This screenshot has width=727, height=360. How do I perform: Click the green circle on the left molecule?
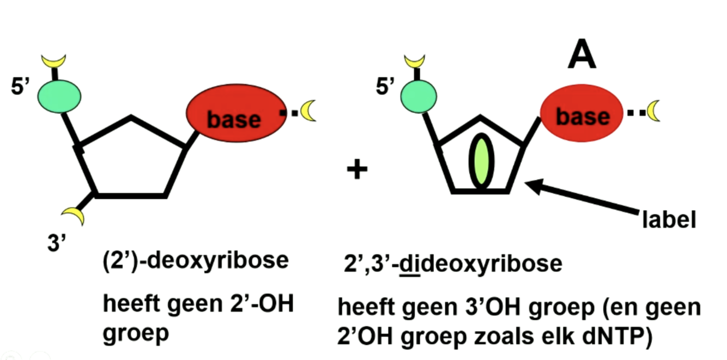point(59,95)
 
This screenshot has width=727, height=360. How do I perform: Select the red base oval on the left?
point(235,115)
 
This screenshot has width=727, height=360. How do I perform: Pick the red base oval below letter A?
point(582,114)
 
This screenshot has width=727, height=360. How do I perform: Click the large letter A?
point(581,56)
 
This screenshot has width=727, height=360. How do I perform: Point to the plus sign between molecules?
point(357,170)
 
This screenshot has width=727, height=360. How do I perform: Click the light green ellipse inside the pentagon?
point(481,163)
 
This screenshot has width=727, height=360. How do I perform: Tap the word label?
point(669,220)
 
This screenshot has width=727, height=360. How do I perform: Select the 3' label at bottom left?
point(56,243)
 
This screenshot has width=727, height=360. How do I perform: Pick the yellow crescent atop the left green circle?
point(54,61)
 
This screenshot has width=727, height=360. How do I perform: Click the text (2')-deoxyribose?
point(195,261)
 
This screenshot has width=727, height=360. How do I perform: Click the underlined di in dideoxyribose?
point(407,264)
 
